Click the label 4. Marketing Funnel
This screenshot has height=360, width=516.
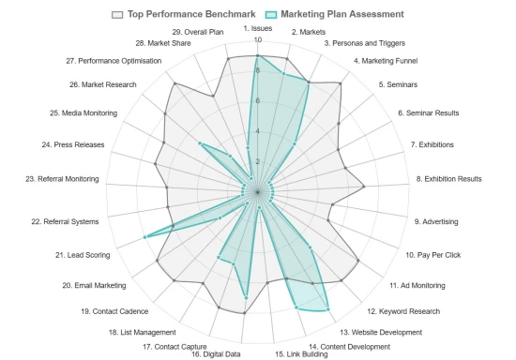[386, 61]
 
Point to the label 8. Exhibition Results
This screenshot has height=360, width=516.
[448, 178]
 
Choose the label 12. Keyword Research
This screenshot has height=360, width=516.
[402, 311]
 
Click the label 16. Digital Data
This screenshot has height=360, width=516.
[216, 353]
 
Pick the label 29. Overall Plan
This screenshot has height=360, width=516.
[198, 33]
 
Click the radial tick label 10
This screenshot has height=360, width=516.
[247, 40]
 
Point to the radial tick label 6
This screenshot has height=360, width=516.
[247, 101]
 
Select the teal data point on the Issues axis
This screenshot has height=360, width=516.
[257, 57]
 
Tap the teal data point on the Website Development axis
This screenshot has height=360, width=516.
[327, 309]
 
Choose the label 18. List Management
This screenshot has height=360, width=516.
[142, 332]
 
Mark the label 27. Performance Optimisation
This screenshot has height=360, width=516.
[114, 61]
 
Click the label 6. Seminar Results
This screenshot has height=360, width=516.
[429, 113]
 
